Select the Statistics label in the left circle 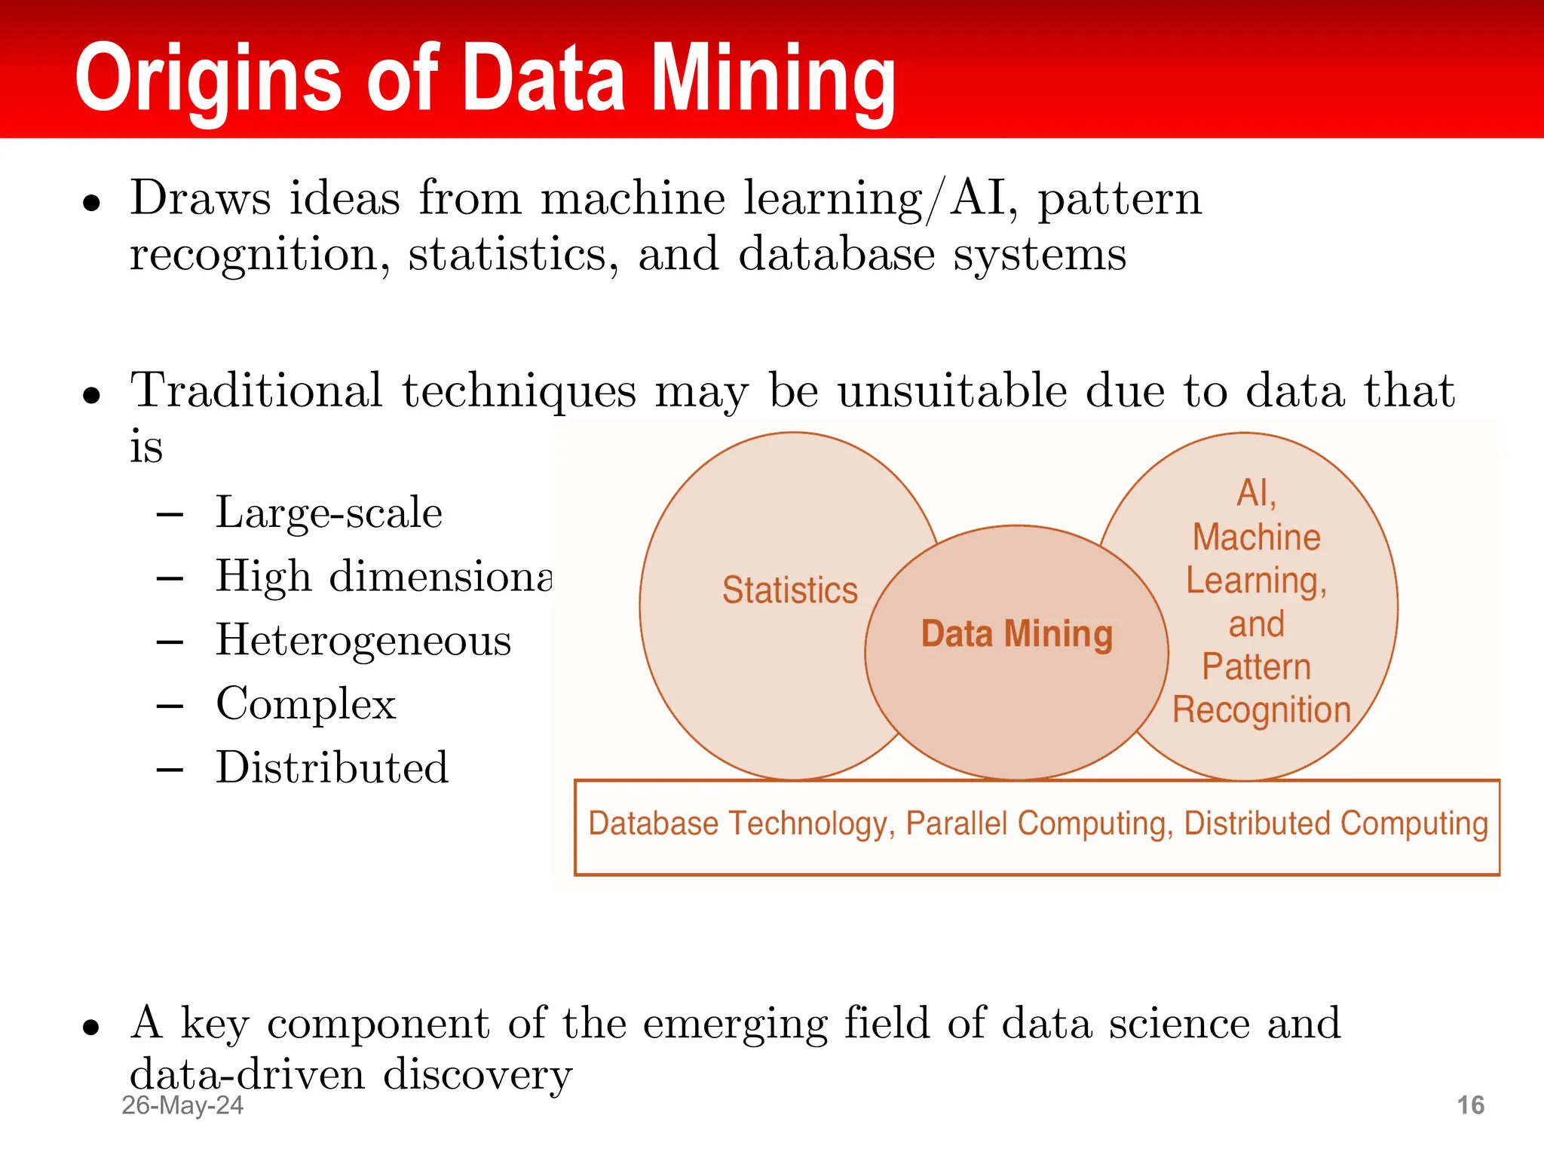pyautogui.click(x=789, y=590)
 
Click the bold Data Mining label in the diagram pyautogui.click(x=1016, y=633)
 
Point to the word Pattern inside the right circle pyautogui.click(x=1256, y=666)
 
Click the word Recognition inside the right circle pyautogui.click(x=1261, y=710)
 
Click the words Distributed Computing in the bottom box pyautogui.click(x=1336, y=823)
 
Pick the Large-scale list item pyautogui.click(x=329, y=513)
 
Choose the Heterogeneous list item pyautogui.click(x=363, y=641)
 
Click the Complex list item pyautogui.click(x=305, y=704)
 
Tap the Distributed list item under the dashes pyautogui.click(x=332, y=767)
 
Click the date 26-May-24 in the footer pyautogui.click(x=182, y=1105)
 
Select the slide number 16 pyautogui.click(x=1470, y=1105)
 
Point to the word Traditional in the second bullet pyautogui.click(x=256, y=391)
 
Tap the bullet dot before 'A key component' pyautogui.click(x=91, y=1027)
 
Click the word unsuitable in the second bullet pyautogui.click(x=951, y=391)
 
